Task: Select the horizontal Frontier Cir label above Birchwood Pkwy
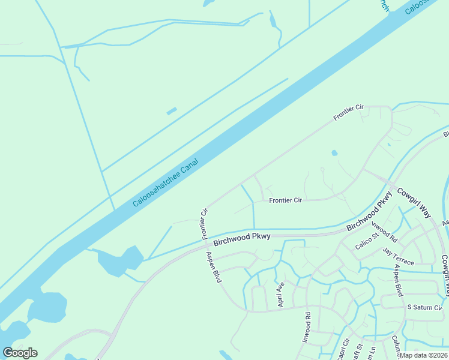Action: tap(285, 200)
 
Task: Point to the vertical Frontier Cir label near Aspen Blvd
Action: tap(204, 222)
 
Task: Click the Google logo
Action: tap(20, 353)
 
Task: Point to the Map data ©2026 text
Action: tap(424, 355)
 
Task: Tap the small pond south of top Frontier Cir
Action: tap(334, 153)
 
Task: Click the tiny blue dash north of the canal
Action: tap(172, 111)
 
